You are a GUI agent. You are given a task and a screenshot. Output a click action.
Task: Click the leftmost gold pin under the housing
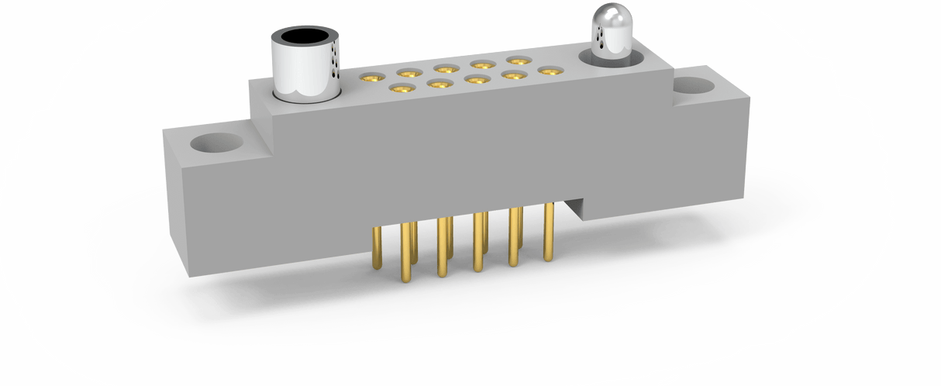[x=377, y=247]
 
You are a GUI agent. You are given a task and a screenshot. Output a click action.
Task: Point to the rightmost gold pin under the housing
[x=549, y=233]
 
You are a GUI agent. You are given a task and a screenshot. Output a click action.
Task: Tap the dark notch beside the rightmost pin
[x=574, y=207]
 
